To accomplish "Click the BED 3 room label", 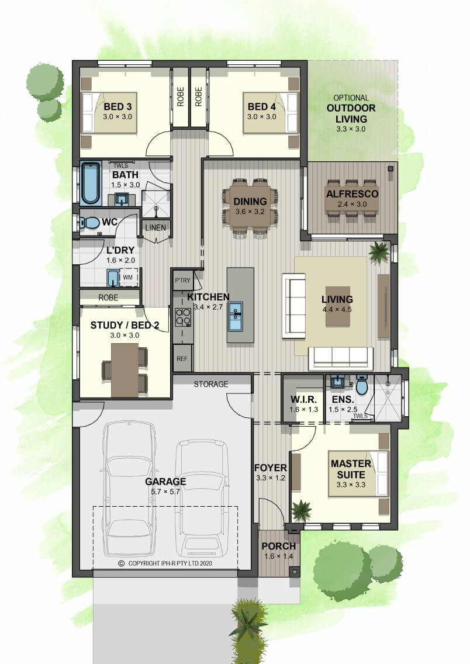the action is (x=117, y=107).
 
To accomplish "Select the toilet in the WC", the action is (x=89, y=222).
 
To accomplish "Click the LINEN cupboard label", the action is (x=155, y=228).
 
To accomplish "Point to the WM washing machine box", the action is (x=128, y=278).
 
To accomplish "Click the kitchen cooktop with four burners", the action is (x=183, y=317).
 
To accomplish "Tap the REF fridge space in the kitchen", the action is (x=182, y=358).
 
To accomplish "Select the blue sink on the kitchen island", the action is (x=236, y=316).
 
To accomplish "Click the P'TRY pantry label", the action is (x=182, y=281).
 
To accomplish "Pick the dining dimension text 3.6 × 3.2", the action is (x=250, y=212).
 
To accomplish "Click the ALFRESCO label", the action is (x=352, y=194).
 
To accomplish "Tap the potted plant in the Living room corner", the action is (x=378, y=251).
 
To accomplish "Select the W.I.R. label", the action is (x=303, y=399).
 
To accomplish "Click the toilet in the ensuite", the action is (x=362, y=384).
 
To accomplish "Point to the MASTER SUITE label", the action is (x=351, y=469).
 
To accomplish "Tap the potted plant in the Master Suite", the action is (x=302, y=510).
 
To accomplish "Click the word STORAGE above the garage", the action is (x=211, y=384).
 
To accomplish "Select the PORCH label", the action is (x=278, y=547).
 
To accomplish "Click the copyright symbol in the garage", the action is (x=121, y=563).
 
